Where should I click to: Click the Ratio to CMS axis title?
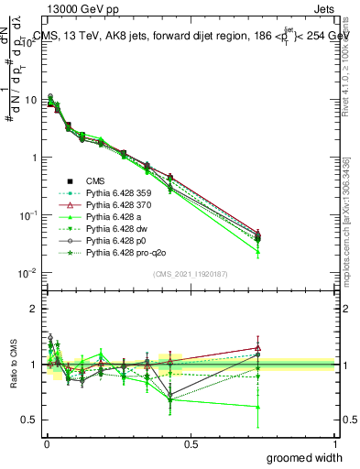pyautogui.click(x=13, y=365)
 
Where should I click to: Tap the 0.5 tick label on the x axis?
pyautogui.click(x=191, y=443)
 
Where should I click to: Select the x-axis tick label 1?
pyautogui.click(x=334, y=443)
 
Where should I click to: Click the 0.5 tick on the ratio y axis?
pyautogui.click(x=31, y=420)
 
